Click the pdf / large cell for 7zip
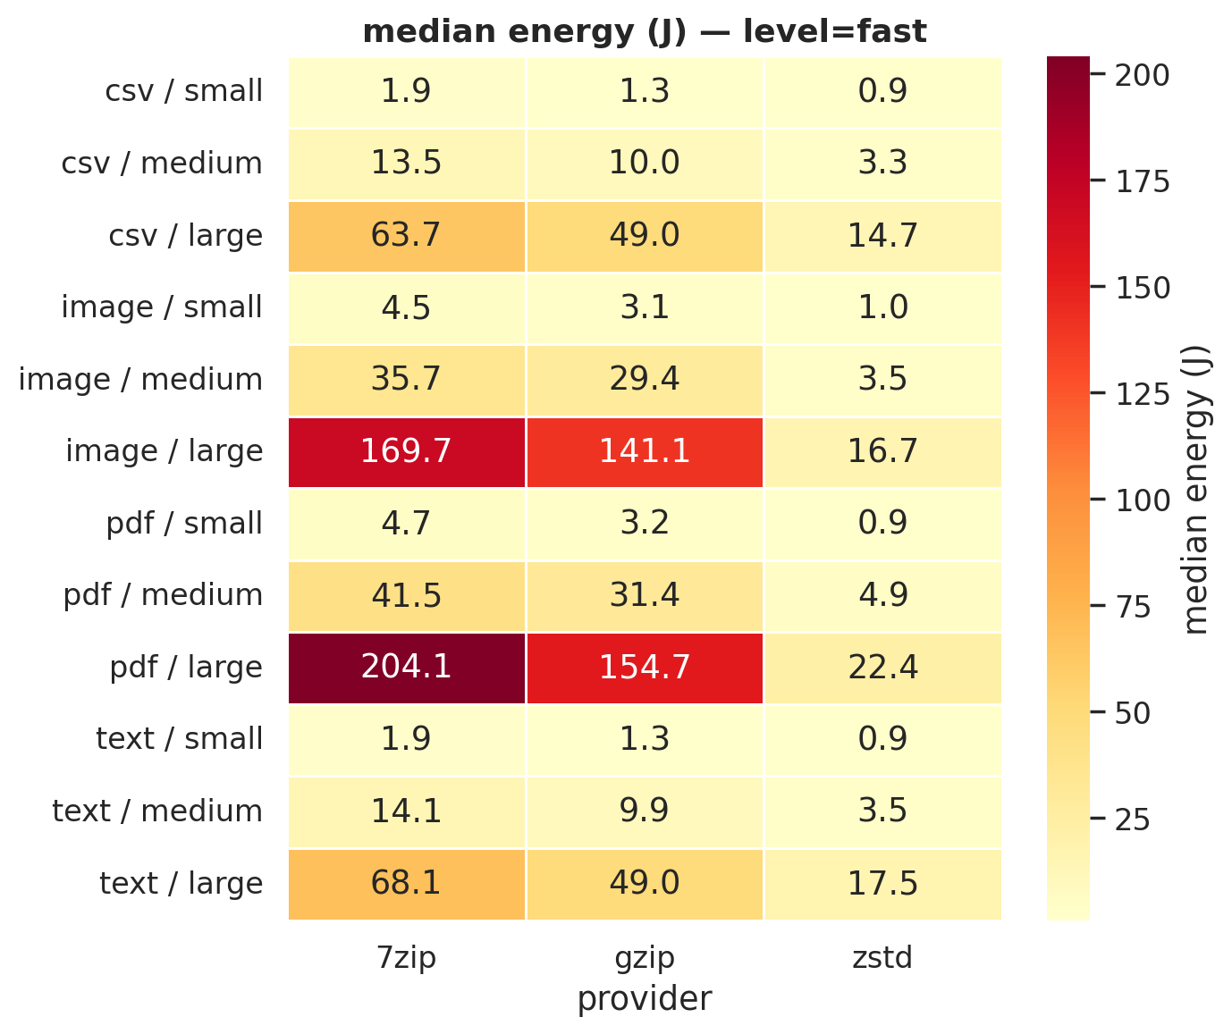coord(407,668)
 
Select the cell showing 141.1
coord(645,451)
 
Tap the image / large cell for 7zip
coord(407,451)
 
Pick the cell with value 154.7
coord(645,668)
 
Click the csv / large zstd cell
coord(882,236)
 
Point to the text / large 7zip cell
coord(407,883)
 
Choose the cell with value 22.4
coord(882,668)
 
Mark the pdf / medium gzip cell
coord(645,595)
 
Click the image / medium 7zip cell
coord(407,380)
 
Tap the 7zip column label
coord(407,958)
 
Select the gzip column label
coord(645,958)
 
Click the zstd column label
coord(882,958)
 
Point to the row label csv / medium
coord(162,164)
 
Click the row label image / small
coord(162,307)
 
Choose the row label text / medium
coord(157,811)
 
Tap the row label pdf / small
coord(184,524)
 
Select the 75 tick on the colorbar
coord(1132,608)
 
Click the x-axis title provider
coord(645,999)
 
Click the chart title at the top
coord(645,32)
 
